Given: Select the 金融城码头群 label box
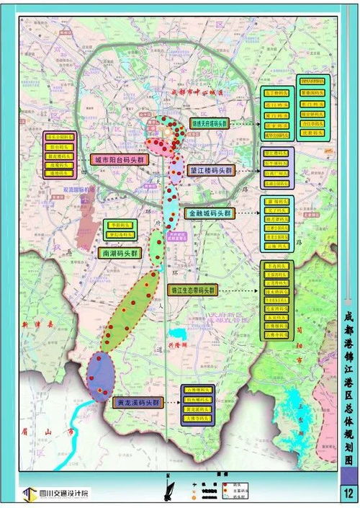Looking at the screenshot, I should point(210,213).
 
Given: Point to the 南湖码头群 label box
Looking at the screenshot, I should point(117,254).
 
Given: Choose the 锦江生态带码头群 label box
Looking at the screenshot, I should point(192,290).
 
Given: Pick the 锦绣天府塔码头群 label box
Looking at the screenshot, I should point(210,123).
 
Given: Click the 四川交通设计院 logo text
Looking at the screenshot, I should point(60,494).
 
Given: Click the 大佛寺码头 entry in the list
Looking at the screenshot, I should point(199,417).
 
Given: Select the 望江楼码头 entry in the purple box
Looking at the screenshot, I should point(278,153).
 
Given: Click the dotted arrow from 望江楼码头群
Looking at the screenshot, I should point(246,171).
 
